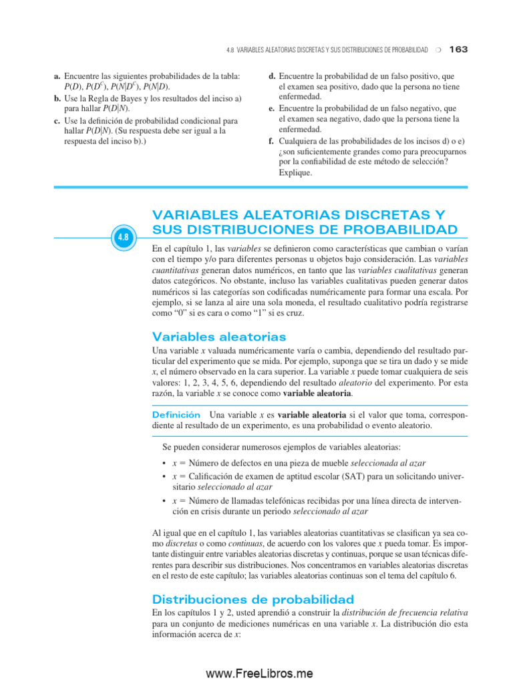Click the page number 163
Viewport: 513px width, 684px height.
coord(460,49)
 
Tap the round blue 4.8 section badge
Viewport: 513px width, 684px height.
coord(124,236)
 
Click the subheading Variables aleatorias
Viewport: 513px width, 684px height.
coord(219,336)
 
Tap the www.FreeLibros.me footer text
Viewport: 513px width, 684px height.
coord(259,673)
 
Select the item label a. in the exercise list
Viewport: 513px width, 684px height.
coord(57,77)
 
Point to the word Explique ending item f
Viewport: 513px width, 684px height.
coord(295,172)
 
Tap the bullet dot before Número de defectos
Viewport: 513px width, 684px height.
coord(164,464)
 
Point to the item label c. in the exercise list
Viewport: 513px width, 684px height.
coord(57,121)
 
